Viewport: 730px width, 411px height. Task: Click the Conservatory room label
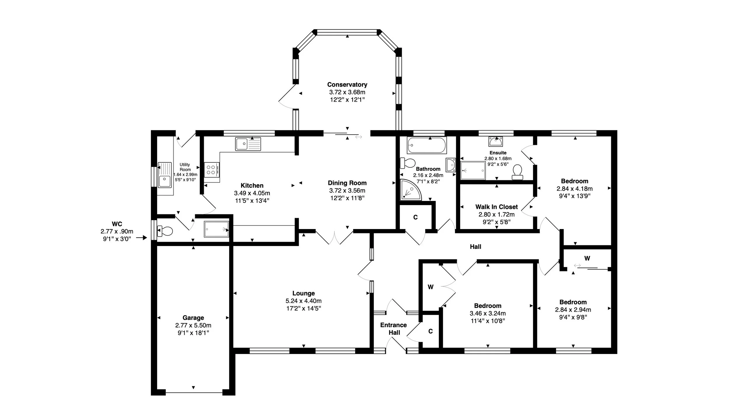(x=347, y=84)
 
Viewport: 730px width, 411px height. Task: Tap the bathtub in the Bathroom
(x=427, y=145)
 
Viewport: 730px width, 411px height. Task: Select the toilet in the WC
(x=165, y=231)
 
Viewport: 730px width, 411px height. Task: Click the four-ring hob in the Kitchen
(x=212, y=170)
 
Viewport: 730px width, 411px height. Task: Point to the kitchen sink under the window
(x=248, y=144)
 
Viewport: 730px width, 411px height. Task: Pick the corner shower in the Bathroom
(x=411, y=190)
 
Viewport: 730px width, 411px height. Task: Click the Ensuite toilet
(x=517, y=172)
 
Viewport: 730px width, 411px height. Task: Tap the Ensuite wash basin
(x=495, y=141)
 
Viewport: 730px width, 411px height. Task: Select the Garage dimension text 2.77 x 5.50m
(x=193, y=325)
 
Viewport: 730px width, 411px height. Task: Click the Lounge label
(x=304, y=293)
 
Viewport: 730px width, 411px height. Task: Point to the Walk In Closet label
(x=496, y=207)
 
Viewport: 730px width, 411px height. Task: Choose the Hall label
(x=475, y=247)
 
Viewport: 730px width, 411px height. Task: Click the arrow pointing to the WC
(x=142, y=238)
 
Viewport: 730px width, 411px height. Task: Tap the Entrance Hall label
(x=394, y=329)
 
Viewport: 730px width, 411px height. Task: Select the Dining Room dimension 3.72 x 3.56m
(x=347, y=190)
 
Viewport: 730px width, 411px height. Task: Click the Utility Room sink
(x=164, y=175)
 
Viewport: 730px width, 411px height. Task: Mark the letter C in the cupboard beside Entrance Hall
(x=430, y=331)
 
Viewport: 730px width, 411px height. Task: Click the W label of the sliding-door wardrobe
(x=587, y=258)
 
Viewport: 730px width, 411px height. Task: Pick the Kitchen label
(x=252, y=185)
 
